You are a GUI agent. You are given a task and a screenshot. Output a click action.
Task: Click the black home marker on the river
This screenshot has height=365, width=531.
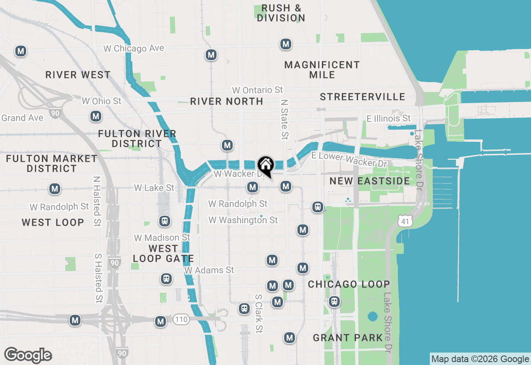(266, 165)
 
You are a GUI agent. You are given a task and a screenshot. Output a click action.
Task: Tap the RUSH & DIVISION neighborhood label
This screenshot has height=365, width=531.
(281, 13)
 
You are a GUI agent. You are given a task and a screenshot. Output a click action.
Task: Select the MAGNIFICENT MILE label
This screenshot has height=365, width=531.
(322, 70)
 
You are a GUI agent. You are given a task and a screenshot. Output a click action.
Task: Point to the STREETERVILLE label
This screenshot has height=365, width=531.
(363, 97)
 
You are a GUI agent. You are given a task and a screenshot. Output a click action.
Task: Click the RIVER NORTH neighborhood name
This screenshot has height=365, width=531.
(227, 101)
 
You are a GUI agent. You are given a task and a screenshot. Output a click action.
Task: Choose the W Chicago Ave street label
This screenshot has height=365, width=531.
(134, 49)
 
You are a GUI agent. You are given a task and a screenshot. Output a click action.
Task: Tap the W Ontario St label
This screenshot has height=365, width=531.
(258, 90)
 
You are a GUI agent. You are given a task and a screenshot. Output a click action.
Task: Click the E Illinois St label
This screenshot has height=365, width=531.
(389, 119)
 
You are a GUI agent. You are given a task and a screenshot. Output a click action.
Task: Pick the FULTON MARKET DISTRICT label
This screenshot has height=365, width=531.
(52, 163)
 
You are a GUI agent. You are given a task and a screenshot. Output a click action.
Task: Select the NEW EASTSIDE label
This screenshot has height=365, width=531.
(370, 181)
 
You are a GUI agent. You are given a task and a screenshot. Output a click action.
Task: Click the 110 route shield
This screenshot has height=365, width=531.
(181, 319)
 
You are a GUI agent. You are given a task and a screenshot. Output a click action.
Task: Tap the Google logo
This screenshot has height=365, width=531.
(28, 355)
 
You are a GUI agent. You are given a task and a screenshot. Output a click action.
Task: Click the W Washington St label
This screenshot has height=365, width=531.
(243, 220)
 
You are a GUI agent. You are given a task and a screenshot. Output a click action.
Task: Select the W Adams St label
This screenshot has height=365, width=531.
(209, 270)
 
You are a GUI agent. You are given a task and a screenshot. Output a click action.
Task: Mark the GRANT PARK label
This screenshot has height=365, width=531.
(348, 338)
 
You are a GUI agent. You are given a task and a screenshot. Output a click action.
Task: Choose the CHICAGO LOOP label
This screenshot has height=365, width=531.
(349, 284)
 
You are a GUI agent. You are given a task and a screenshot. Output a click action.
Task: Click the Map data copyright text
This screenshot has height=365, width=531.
(480, 359)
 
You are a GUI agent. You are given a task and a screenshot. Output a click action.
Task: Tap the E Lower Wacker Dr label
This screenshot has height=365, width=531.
(350, 159)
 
